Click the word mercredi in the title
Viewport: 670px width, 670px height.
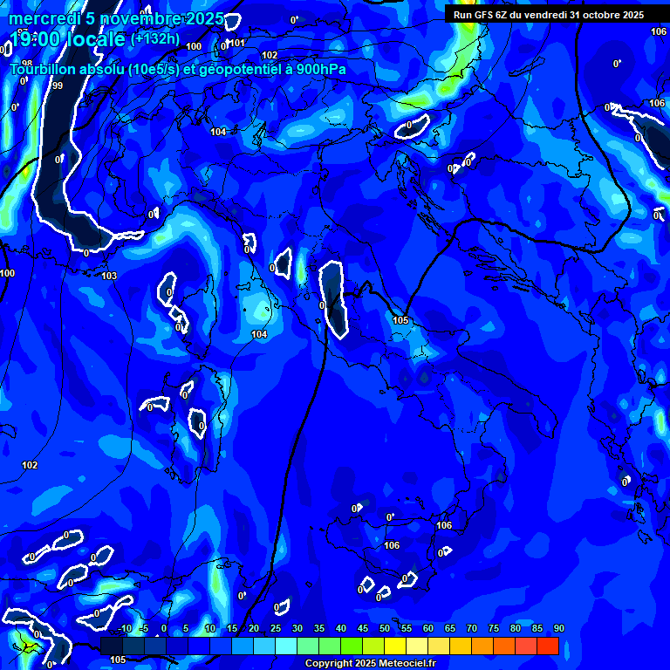click(43, 19)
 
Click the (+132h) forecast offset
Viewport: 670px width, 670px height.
click(155, 38)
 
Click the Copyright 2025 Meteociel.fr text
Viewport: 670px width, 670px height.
click(369, 664)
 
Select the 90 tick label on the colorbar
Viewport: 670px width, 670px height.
click(558, 629)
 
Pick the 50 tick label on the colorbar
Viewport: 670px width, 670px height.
click(384, 629)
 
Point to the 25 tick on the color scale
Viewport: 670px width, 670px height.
click(275, 629)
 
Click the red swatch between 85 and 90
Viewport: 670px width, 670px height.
click(548, 646)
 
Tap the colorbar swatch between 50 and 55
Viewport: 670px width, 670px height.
click(395, 646)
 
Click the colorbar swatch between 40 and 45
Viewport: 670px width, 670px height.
click(352, 646)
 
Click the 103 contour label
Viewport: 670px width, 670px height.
click(109, 277)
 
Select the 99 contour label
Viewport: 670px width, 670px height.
click(58, 85)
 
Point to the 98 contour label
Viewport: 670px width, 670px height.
click(27, 64)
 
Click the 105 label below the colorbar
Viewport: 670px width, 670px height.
click(118, 660)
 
